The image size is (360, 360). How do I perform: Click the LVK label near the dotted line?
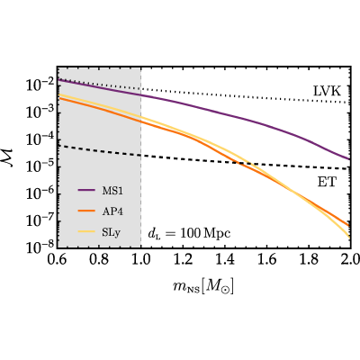(x=327, y=91)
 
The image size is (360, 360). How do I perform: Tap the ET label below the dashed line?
(x=327, y=182)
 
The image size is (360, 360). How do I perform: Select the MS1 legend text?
(x=112, y=191)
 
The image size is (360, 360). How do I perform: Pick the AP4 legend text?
(x=112, y=211)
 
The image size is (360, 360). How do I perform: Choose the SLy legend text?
(x=111, y=233)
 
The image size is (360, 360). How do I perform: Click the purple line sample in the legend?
(x=86, y=190)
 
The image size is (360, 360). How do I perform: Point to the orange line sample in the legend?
(x=86, y=211)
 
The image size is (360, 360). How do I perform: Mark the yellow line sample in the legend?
(x=86, y=231)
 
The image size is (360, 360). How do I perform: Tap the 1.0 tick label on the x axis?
(x=141, y=260)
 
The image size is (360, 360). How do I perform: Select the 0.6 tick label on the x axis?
(x=57, y=260)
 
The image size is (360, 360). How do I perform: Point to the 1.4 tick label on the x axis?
(x=225, y=260)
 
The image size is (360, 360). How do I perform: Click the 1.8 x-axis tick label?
(x=309, y=260)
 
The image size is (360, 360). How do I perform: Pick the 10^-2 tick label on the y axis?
(x=40, y=85)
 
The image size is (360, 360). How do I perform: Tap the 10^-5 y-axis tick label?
(x=40, y=166)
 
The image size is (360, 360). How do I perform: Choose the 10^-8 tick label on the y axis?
(x=40, y=247)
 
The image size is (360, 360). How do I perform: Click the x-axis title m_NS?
(x=203, y=287)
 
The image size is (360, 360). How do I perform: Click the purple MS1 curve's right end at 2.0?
(x=350, y=159)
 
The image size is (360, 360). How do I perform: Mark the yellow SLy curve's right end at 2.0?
(x=350, y=238)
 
